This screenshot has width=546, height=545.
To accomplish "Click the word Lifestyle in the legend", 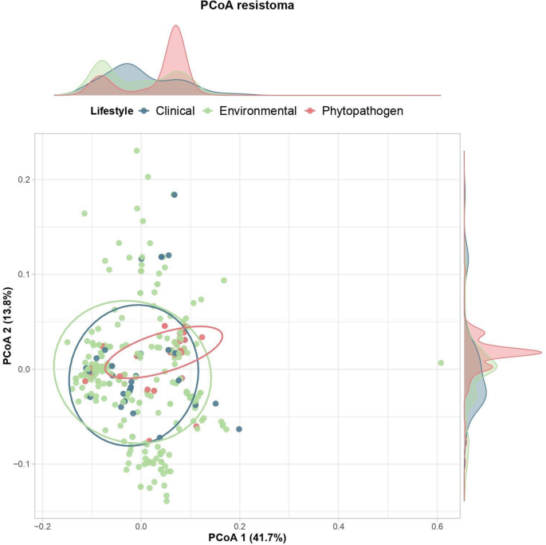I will click(111, 111).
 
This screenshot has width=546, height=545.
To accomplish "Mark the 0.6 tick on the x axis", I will click(437, 527).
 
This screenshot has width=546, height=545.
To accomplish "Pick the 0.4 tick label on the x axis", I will click(338, 527).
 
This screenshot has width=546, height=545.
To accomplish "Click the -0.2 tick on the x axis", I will click(43, 527).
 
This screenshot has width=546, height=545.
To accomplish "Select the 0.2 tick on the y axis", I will click(24, 180).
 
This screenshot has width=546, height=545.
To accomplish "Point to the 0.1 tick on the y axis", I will click(24, 274).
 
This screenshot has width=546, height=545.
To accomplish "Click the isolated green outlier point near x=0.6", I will click(441, 363).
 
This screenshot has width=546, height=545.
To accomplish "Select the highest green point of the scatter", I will click(137, 150).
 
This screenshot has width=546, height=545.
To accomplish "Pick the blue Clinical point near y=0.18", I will click(175, 195).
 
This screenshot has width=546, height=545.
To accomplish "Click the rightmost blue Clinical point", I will click(239, 429).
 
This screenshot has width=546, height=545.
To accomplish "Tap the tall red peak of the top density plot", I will click(175, 26).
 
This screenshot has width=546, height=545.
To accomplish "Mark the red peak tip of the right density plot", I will click(540, 352).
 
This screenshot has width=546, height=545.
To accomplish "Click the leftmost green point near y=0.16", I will click(84, 213).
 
